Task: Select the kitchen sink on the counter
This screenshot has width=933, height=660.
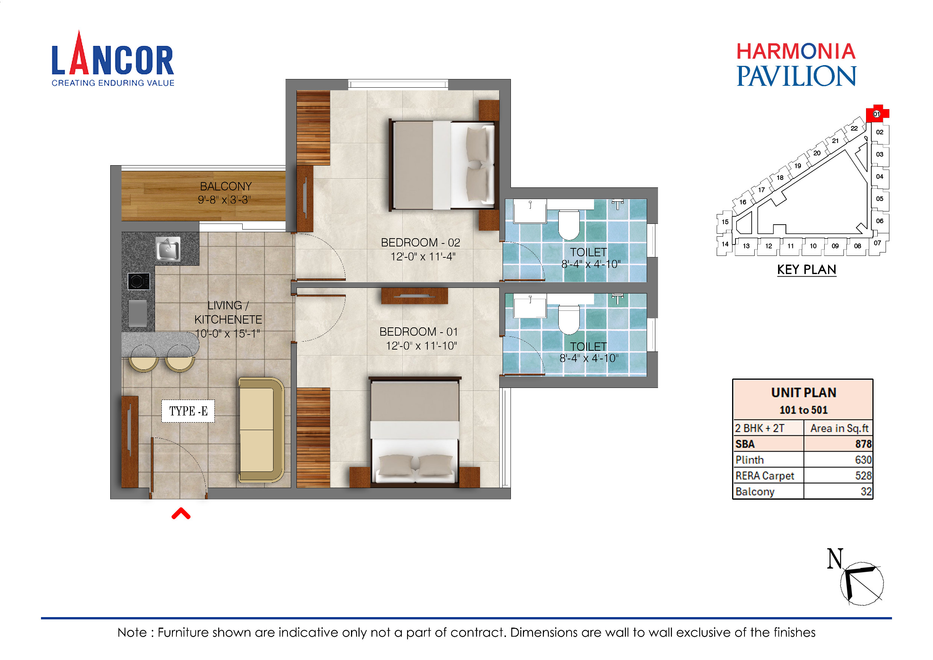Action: [168, 249]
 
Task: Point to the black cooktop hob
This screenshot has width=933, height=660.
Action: [138, 281]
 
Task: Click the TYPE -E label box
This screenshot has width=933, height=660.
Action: [188, 411]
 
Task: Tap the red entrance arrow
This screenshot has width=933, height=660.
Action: [181, 514]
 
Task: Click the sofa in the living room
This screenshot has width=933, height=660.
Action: [260, 430]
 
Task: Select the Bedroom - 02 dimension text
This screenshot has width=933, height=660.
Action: [422, 257]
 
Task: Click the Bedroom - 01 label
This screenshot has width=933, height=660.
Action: [419, 332]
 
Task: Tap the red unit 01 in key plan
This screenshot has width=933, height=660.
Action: [876, 114]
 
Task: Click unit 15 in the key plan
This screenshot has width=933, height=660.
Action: [725, 222]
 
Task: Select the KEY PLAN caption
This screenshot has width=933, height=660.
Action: [806, 270]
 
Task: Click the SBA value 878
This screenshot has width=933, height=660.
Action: [863, 444]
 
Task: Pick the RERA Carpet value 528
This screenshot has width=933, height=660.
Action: [863, 476]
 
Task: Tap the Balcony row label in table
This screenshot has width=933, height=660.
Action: [755, 492]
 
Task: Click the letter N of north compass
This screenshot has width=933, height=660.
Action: [835, 559]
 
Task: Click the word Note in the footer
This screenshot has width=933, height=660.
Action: [132, 633]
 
